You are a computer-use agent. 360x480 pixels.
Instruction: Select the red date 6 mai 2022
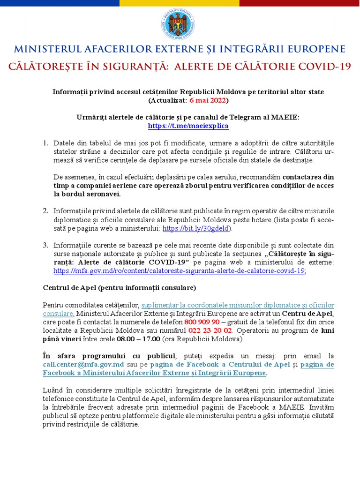(x=209, y=100)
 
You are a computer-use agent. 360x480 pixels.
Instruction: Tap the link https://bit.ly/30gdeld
(x=195, y=228)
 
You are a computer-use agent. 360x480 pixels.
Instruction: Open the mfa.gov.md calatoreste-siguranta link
(x=179, y=270)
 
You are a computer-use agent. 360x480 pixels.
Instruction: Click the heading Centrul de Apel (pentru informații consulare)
(x=120, y=287)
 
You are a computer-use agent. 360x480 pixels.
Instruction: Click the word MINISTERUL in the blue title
(x=47, y=49)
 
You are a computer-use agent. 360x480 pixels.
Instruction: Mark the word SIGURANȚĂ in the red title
(x=133, y=66)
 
